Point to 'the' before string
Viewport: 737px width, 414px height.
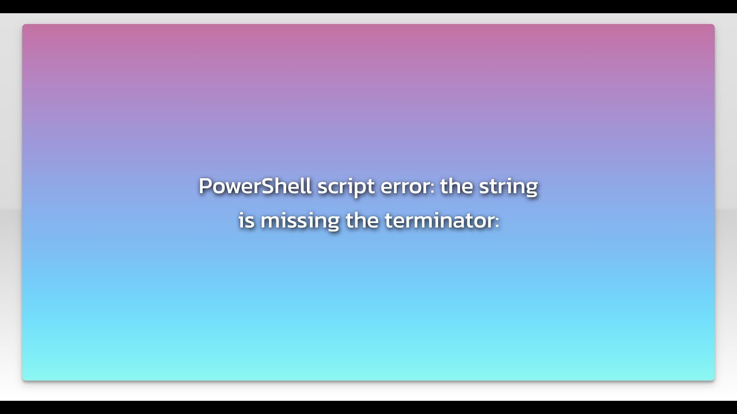coord(456,186)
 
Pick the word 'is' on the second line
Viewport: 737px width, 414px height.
coord(246,220)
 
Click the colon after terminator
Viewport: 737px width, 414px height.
coord(496,222)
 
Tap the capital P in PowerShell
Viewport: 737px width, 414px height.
coord(205,186)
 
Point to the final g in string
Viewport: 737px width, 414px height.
coord(531,189)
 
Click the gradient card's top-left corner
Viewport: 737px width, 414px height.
coord(23,25)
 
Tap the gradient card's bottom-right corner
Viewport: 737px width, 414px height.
coord(714,379)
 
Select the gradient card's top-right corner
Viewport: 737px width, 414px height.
coord(714,25)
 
